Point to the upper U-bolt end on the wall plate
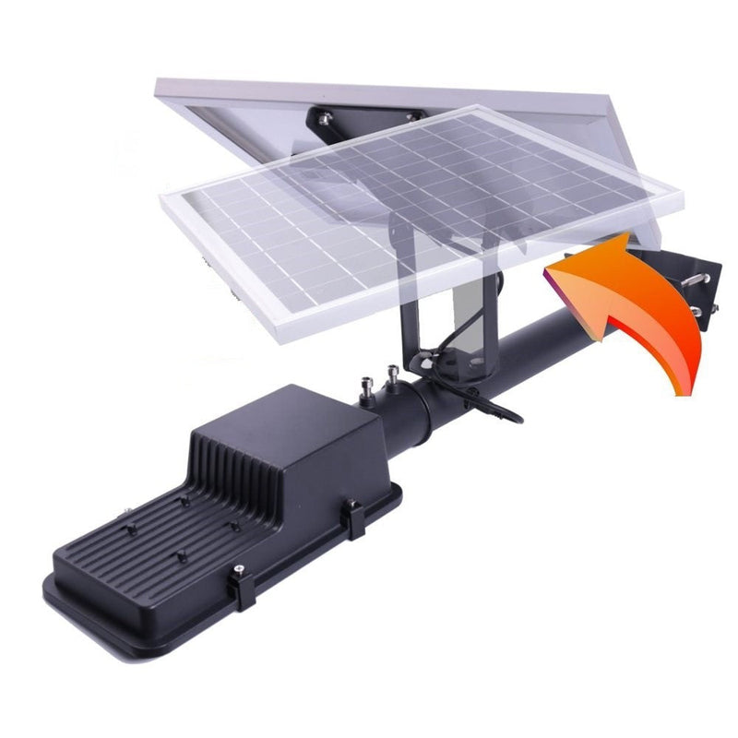[710, 278]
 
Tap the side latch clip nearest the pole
[354, 518]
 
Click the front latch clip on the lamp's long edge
[241, 585]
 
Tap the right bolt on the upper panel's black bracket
[412, 115]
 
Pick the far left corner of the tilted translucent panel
[162, 198]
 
